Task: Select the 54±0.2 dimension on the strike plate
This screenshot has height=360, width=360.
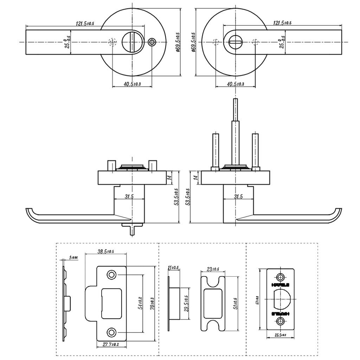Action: coord(140,303)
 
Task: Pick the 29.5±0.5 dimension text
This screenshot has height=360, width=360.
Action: coord(186,303)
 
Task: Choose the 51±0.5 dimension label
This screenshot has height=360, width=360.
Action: coord(234,303)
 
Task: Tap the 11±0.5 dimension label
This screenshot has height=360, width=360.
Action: coord(173,268)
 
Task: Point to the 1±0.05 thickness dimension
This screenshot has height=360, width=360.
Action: coord(73,258)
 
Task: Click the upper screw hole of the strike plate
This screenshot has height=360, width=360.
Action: coord(111,274)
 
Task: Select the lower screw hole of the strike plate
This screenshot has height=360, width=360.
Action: coord(111,332)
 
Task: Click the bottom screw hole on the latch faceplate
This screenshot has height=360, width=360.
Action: coord(280,321)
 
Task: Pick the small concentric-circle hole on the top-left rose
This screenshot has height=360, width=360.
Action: coord(152,42)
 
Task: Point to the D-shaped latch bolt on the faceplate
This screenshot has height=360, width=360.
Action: coord(282,298)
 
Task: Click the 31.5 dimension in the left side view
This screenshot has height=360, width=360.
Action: coord(129,197)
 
